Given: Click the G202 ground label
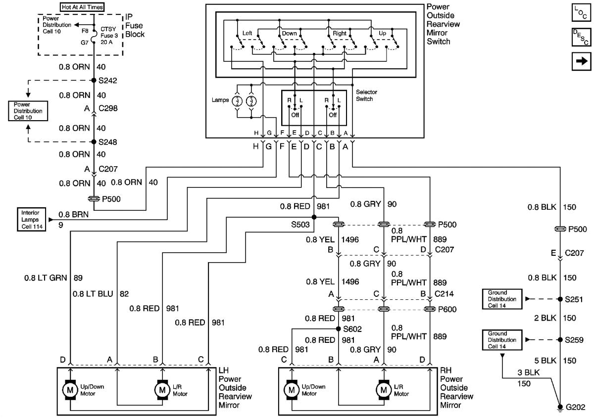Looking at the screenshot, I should [x=576, y=408].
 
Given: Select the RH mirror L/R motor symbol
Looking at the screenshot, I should [x=383, y=390].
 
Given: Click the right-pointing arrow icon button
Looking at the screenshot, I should [x=581, y=61].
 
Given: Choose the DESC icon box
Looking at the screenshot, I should [x=581, y=37].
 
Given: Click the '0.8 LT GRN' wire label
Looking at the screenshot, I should [x=45, y=278].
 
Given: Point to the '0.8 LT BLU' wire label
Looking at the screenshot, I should [x=93, y=294].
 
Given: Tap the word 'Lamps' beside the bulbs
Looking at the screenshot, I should [x=219, y=100].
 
